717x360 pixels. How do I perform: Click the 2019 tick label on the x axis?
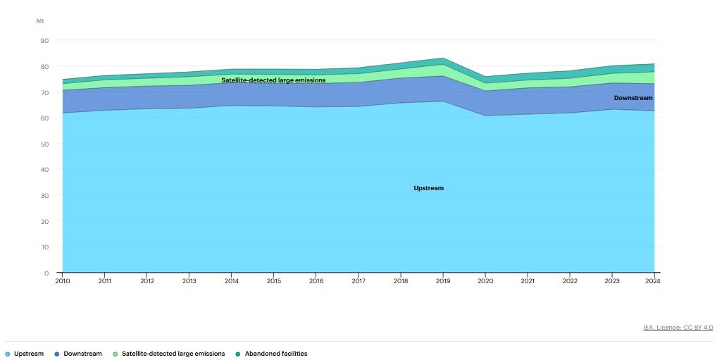pos(443,281)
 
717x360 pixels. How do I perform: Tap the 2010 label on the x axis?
pos(62,281)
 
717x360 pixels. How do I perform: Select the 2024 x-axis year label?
pos(654,281)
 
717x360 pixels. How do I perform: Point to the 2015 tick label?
pos(274,281)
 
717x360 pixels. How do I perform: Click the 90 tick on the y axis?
pos(44,41)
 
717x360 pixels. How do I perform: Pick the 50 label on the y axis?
pos(44,144)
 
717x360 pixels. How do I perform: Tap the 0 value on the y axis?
pos(46,273)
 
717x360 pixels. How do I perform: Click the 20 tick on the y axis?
pos(44,221)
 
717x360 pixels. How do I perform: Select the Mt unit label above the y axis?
pos(40,21)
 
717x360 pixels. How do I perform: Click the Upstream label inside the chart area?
pos(428,188)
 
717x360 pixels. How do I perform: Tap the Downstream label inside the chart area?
pos(633,98)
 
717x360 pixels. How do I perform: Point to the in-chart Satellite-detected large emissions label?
pos(273,80)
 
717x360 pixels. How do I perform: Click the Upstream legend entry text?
pos(29,354)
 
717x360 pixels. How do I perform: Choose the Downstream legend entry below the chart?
pos(82,354)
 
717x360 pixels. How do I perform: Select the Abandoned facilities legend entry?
pos(275,354)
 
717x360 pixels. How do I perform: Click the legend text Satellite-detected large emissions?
pos(173,354)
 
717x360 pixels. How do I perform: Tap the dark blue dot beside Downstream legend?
pos(56,354)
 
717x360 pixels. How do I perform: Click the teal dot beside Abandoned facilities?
pos(237,354)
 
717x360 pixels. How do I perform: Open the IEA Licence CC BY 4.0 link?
pos(678,328)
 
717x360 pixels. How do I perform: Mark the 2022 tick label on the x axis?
pos(570,281)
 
